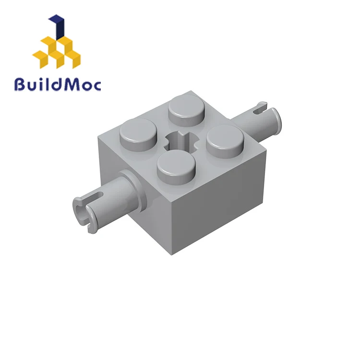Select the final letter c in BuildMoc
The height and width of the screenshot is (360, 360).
click(x=97, y=85)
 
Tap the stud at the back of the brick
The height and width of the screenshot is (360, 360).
click(x=186, y=111)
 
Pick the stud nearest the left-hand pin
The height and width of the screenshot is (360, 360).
click(x=139, y=135)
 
